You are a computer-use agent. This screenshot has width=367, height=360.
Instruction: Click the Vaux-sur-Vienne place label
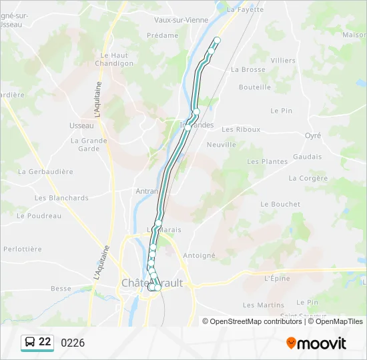pos(181,20)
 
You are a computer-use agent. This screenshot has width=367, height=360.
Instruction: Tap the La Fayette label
pos(242,10)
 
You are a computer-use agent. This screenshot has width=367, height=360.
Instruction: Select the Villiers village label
pos(283,61)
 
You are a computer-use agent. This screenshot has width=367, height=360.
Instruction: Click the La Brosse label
pos(248,69)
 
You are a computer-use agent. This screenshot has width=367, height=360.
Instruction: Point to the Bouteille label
pos(254,87)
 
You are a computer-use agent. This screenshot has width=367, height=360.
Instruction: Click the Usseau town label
pos(81,125)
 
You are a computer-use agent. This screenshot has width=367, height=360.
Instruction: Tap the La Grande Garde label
pos(89,145)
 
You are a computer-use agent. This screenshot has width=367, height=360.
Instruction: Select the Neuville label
pos(222,145)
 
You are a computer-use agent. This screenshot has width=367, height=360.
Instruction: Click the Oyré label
pos(312,135)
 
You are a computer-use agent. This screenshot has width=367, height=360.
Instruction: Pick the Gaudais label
pos(307,157)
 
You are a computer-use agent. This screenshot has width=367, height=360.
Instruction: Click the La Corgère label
pos(308,179)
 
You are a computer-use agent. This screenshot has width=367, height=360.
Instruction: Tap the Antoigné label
pos(199,255)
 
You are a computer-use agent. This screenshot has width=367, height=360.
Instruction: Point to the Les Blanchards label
pos(61,198)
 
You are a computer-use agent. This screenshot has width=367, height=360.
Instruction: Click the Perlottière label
pos(23,249)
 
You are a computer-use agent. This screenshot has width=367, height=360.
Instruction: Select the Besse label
pos(61,289)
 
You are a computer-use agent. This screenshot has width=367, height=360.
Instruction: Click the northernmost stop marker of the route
pos(217,41)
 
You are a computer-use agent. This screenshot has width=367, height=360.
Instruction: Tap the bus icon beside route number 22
pos(29,342)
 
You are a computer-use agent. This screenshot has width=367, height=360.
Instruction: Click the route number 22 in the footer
pos(45,342)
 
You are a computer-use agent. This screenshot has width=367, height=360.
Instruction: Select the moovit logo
pos(316,343)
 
